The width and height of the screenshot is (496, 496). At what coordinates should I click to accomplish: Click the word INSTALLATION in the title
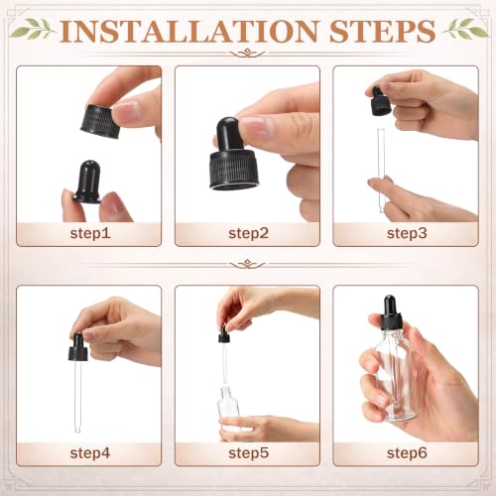click(x=188, y=31)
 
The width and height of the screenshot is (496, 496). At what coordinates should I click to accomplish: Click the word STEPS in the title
click(x=382, y=31)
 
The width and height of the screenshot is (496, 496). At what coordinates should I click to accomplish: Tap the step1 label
click(x=90, y=234)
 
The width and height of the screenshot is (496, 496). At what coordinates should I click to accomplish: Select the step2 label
click(x=248, y=234)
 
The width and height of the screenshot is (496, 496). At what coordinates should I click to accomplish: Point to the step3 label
click(x=407, y=234)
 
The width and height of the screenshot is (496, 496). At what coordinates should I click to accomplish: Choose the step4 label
click(x=90, y=453)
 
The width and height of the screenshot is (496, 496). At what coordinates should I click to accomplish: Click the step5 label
click(x=248, y=453)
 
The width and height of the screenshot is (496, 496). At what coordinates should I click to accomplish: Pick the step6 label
click(x=407, y=453)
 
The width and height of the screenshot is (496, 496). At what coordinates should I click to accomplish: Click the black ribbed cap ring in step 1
click(x=98, y=121)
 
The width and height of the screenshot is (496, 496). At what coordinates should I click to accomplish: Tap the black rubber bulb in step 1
click(x=87, y=182)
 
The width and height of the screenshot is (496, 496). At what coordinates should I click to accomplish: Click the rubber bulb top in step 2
click(x=227, y=133)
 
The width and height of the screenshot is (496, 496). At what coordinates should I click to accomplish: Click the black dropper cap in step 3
click(x=380, y=101)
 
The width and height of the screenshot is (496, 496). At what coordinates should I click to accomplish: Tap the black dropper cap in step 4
click(x=78, y=347)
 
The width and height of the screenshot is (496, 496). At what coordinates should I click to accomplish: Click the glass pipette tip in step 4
click(x=77, y=430)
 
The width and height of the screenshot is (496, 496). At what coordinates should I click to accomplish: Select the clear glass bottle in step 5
click(x=229, y=410)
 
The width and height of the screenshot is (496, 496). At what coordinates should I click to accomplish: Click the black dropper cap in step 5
click(x=224, y=334)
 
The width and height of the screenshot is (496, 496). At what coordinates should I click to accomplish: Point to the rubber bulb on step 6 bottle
click(x=390, y=305)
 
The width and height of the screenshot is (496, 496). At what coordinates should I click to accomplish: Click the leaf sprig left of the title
click(x=33, y=29)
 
